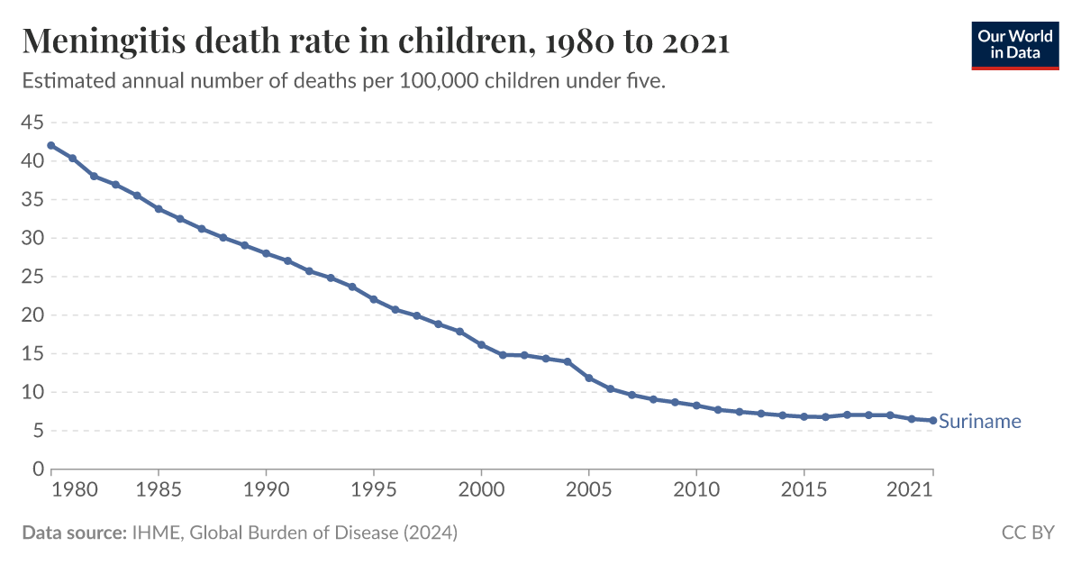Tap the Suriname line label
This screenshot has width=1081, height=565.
979,421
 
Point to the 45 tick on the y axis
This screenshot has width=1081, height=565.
32,123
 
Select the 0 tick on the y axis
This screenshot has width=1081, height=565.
38,469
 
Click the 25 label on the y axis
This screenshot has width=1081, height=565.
32,277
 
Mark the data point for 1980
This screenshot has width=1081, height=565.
51,145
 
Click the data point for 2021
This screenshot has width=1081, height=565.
932,421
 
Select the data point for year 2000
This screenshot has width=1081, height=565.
481,345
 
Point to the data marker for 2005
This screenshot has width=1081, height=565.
588,378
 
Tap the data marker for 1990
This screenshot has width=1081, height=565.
266,253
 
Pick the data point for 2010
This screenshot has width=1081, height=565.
696,406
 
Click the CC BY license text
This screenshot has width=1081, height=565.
1027,533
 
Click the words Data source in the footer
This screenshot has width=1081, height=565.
73,533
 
